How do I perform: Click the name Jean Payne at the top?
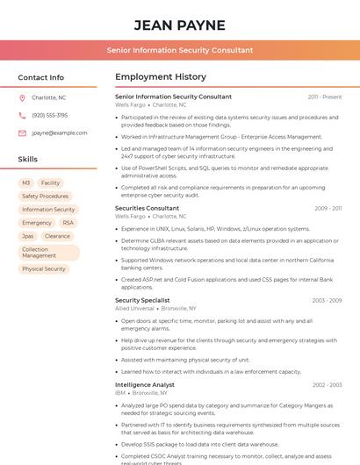[x=179, y=25]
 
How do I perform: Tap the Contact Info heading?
[x=40, y=77]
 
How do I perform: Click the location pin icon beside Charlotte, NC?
[x=22, y=97]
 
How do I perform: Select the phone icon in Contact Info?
[x=22, y=115]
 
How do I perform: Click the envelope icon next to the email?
[x=22, y=132]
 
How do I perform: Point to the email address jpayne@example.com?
[x=59, y=132]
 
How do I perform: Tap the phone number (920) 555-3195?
[x=49, y=115]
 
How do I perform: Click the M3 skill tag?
[x=26, y=183]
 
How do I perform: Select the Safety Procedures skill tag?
[x=45, y=197]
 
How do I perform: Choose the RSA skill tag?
[x=68, y=223]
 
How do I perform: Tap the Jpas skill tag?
[x=28, y=236]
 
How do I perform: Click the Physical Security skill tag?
[x=44, y=268]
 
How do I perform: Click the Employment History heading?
[x=160, y=77]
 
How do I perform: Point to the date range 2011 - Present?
[x=325, y=97]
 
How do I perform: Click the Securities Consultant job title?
[x=147, y=208]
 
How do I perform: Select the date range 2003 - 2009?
[x=327, y=300]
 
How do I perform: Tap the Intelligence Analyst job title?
[x=145, y=384]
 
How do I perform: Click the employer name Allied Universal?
[x=134, y=309]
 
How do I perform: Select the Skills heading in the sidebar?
[x=27, y=159]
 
